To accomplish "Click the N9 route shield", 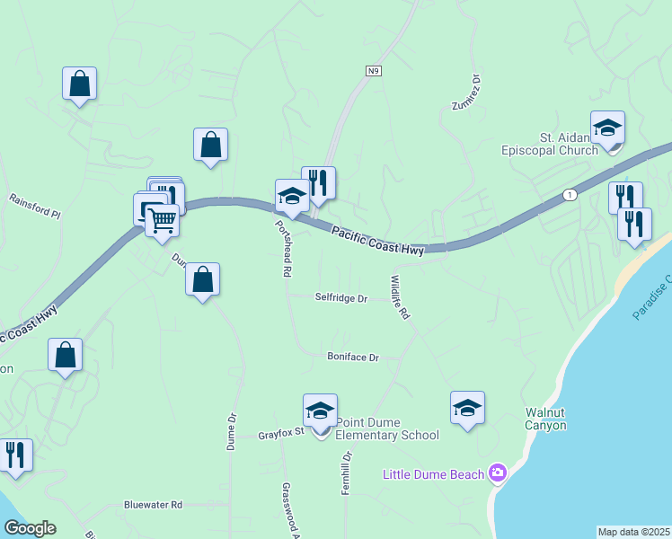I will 374,70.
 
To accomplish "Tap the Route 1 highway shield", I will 570,194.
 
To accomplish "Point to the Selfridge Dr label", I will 340,298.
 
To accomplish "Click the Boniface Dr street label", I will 352,358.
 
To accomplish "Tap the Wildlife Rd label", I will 400,298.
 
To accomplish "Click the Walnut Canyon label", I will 546,420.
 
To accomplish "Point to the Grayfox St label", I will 282,434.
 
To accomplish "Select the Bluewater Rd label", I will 154,505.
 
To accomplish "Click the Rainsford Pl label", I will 34,207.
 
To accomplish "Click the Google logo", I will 30,528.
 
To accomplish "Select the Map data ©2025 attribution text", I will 634,532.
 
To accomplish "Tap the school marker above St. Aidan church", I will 607,128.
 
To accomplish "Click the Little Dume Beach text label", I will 435,474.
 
